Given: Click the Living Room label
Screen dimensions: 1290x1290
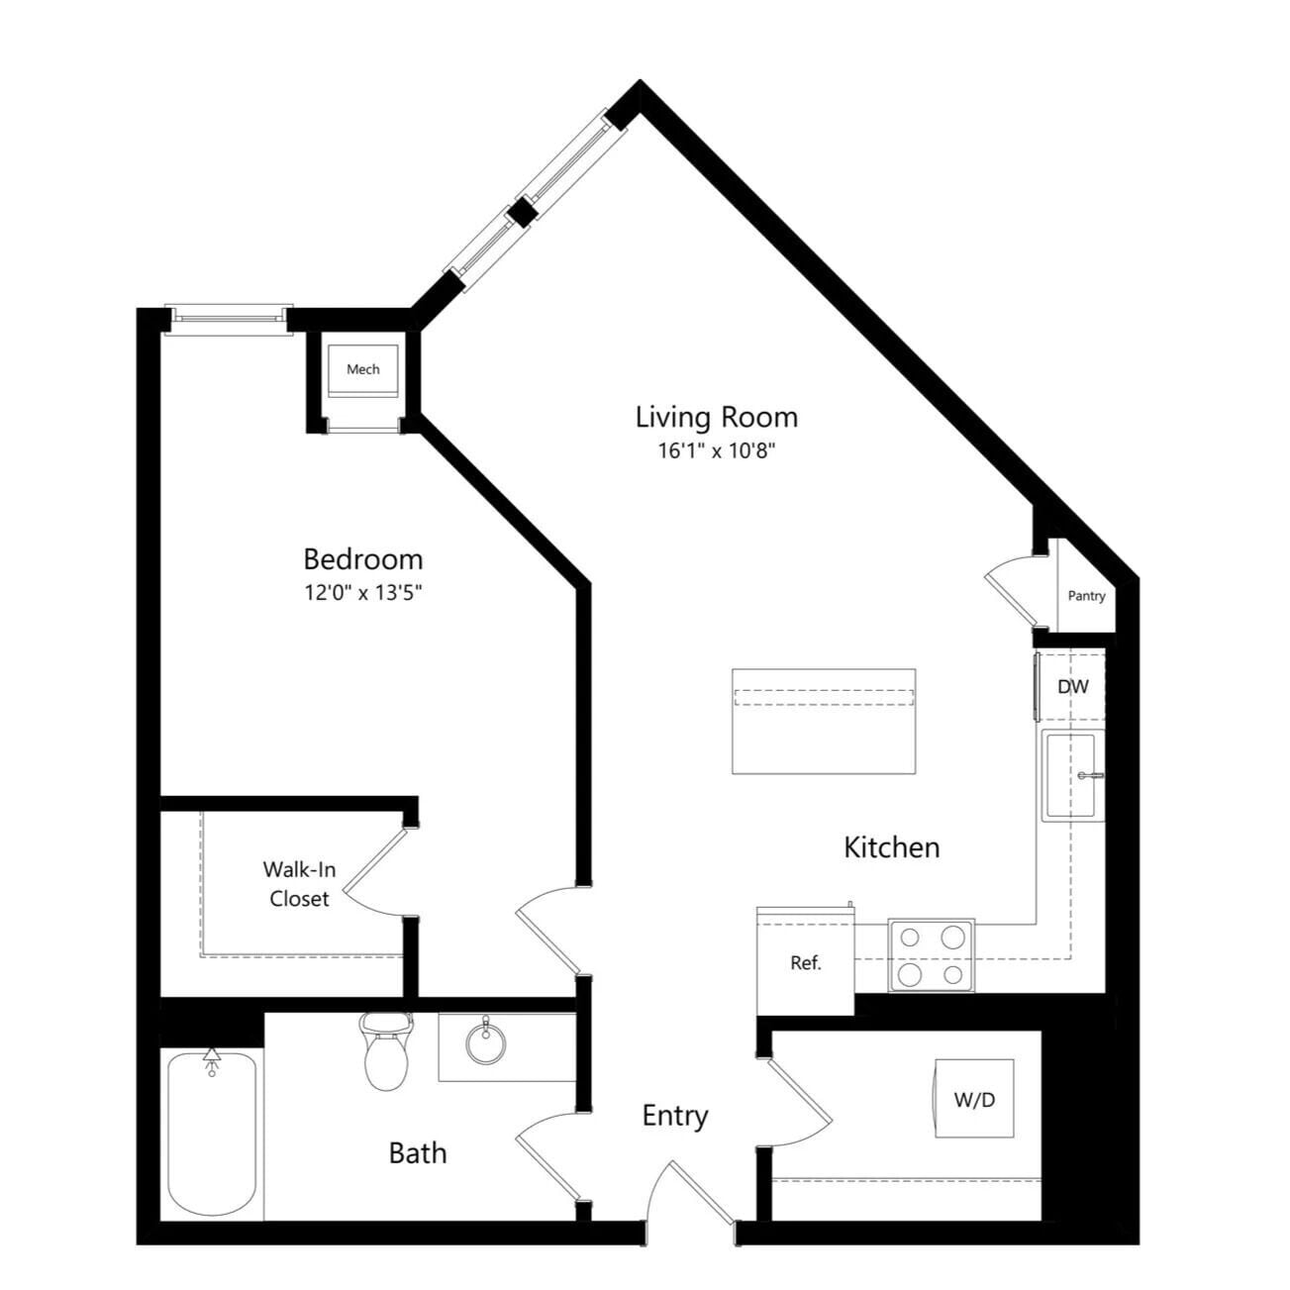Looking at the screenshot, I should click(716, 417).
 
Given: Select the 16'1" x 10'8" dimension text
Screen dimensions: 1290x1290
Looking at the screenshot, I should click(716, 451).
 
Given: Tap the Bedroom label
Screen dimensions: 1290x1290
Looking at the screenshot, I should click(362, 559).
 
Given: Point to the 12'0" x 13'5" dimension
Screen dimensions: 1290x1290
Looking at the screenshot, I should click(362, 593).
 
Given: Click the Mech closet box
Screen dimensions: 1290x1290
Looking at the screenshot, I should click(362, 369).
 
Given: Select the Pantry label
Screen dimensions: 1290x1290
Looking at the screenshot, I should click(1086, 596).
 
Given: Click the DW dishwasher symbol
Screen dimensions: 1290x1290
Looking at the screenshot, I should click(1071, 686).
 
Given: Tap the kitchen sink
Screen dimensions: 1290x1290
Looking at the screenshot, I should click(1072, 776).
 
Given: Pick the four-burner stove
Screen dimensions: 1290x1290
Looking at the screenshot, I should click(931, 955).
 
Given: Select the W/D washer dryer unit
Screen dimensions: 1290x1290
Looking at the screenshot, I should click(974, 1098).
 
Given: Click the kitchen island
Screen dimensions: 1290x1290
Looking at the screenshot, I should click(823, 721).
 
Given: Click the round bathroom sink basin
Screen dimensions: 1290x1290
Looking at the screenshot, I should click(485, 1042).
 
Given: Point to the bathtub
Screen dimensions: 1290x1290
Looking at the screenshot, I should click(212, 1134).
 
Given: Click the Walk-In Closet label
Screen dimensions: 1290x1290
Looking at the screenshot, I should click(298, 884).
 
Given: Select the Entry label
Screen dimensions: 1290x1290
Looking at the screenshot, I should click(675, 1116).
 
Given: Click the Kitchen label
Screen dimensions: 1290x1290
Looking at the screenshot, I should click(891, 847).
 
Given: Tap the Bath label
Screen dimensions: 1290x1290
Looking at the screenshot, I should click(417, 1153).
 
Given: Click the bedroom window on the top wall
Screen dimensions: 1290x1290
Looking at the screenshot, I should click(229, 317).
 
